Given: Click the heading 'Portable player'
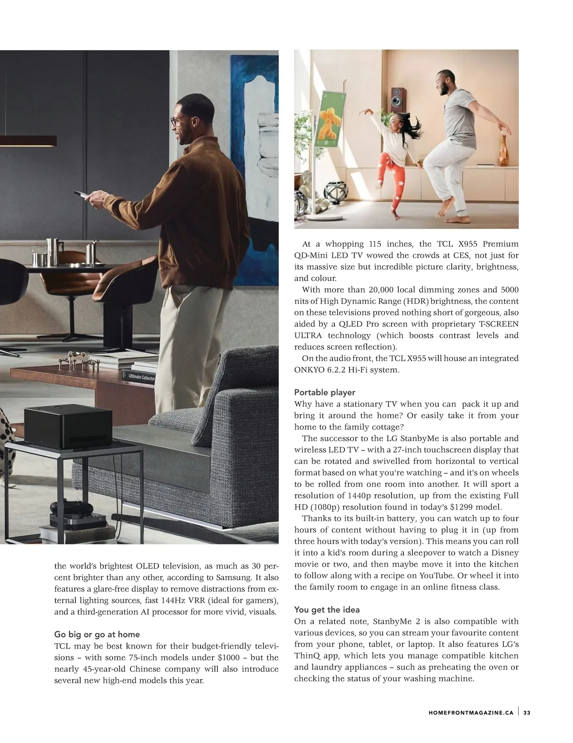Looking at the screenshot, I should [325, 392].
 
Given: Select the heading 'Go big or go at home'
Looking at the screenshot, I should [97, 634].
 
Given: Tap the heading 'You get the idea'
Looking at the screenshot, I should [327, 609].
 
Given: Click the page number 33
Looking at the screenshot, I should [527, 712].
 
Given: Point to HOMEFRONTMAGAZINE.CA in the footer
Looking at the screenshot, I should [471, 712].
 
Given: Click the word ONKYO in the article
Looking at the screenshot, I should [309, 370].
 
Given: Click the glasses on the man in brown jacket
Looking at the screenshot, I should [177, 122].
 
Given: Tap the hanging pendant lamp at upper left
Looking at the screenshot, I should [29, 140].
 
